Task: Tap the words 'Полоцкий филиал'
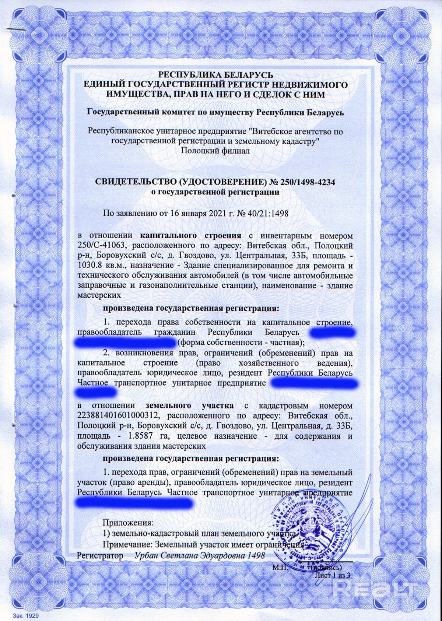pyautogui.click(x=215, y=151)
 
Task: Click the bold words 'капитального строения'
pyautogui.click(x=191, y=235)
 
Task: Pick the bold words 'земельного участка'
pyautogui.click(x=189, y=406)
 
